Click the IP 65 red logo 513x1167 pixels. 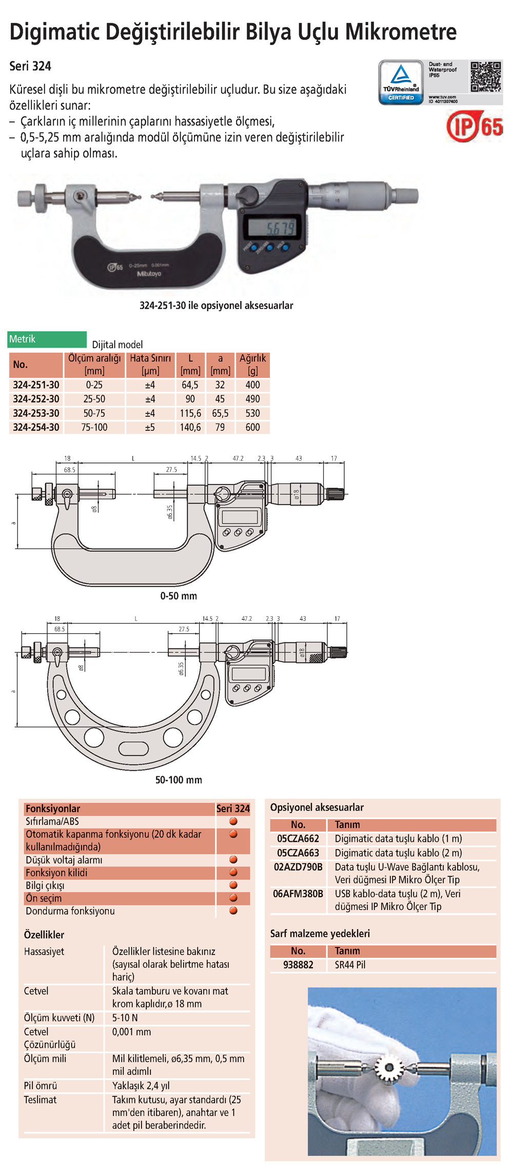pos(475,126)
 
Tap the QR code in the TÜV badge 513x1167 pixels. pos(485,77)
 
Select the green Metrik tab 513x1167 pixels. pos(47,339)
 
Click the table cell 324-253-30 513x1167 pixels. pos(36,413)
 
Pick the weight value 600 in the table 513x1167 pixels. pos(252,427)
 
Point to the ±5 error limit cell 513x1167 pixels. pos(150,427)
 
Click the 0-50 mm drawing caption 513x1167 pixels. pos(179,596)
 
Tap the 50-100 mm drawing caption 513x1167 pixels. pos(179,780)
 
